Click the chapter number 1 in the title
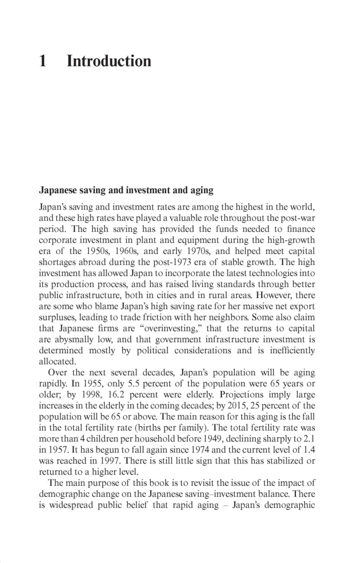(x=43, y=61)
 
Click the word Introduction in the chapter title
(x=109, y=61)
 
